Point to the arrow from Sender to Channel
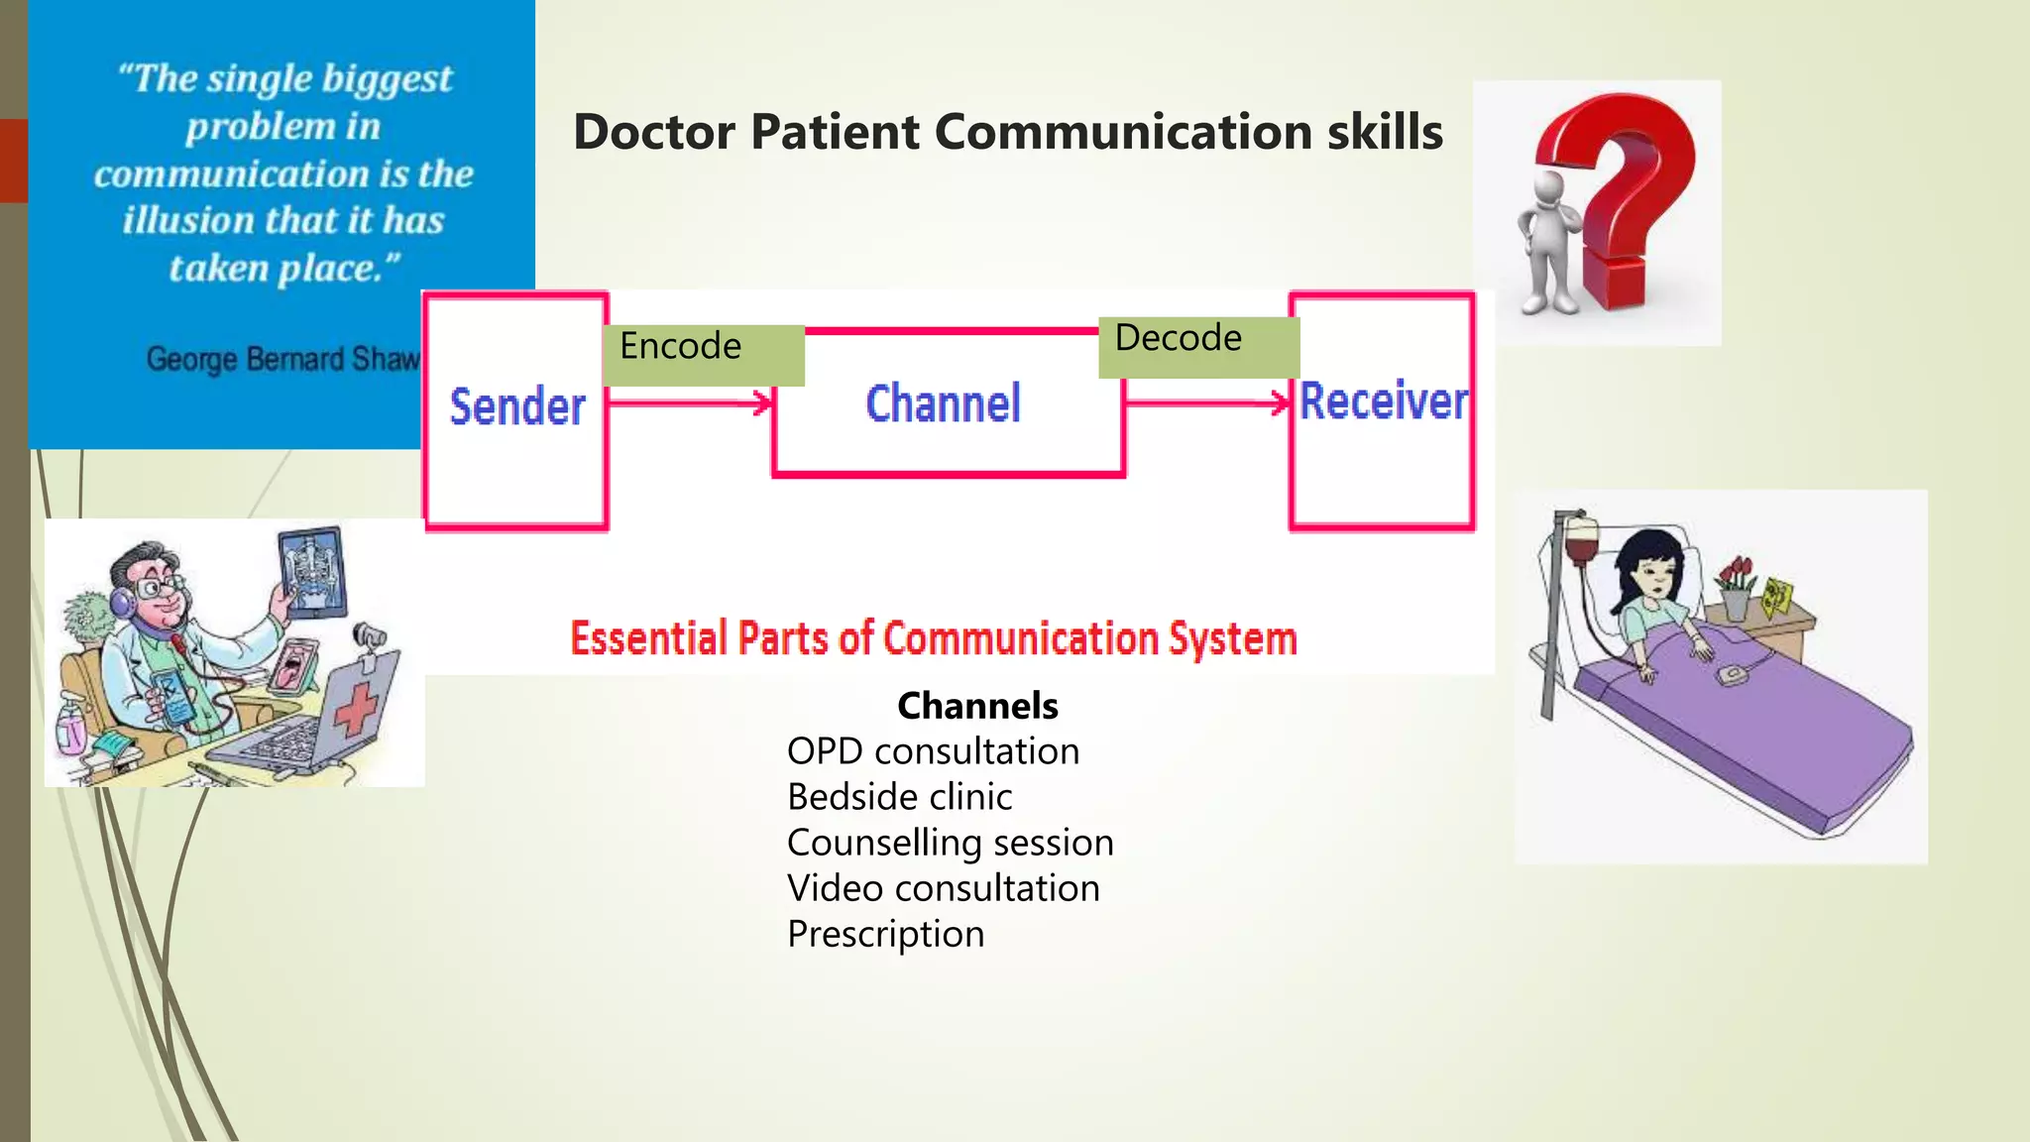tap(690, 402)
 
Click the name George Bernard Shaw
tap(283, 359)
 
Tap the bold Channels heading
tap(977, 706)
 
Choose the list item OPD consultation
tap(933, 751)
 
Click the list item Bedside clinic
tap(899, 797)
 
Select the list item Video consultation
tap(943, 888)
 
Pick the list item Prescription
tap(885, 934)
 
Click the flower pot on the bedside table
tap(1736, 599)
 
